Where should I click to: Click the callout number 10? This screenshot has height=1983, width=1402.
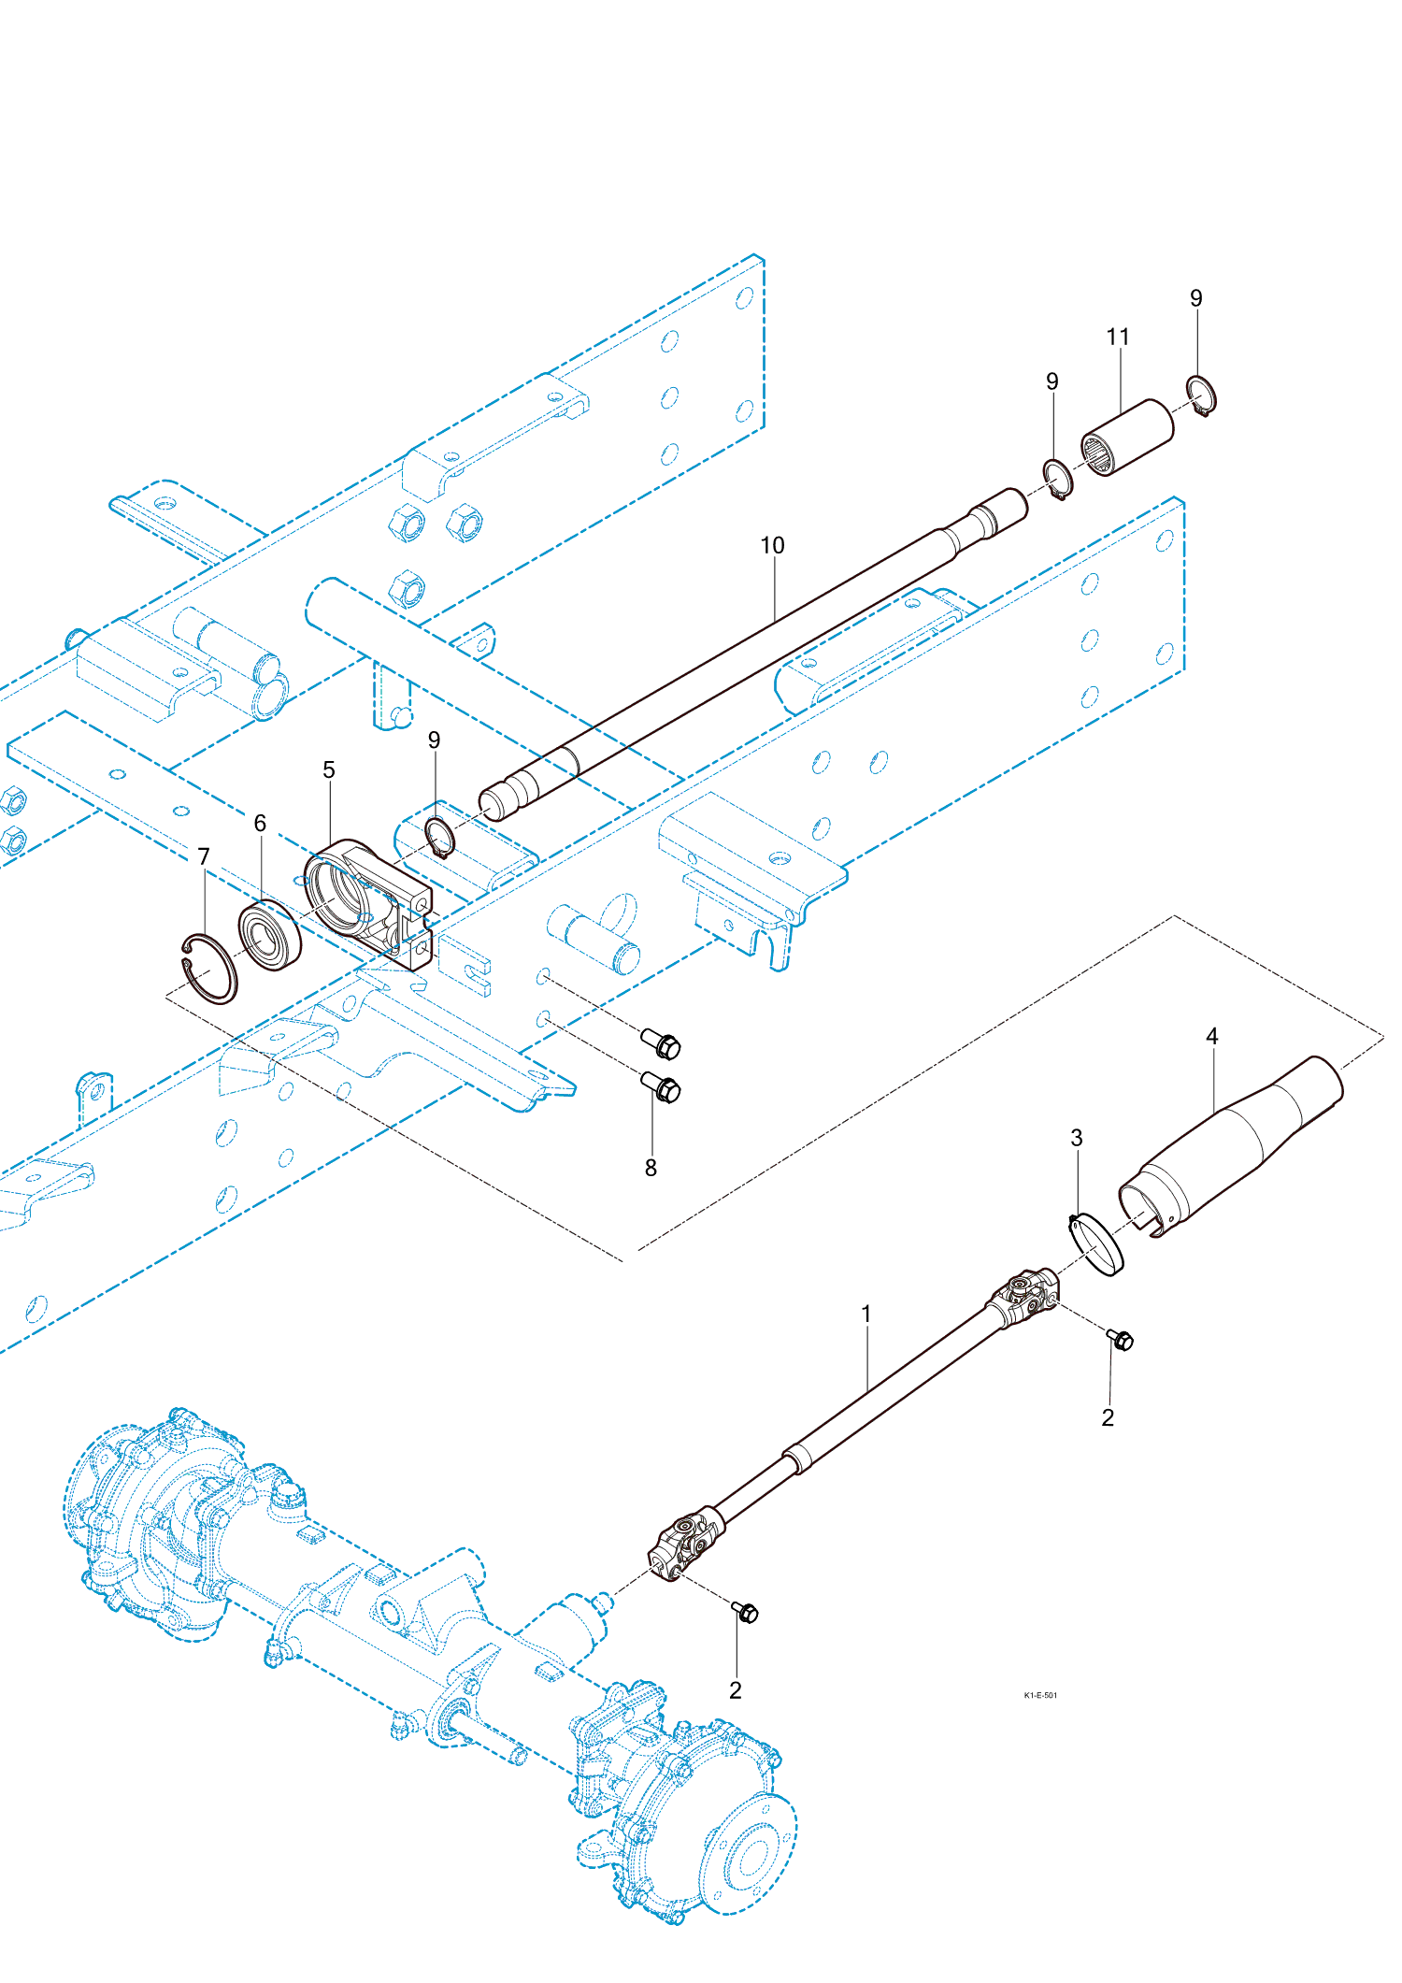coord(772,546)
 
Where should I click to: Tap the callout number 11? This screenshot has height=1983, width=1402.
coord(1118,338)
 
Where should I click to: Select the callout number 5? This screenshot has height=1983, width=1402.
coord(329,770)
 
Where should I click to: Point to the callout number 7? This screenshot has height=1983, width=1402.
coord(204,857)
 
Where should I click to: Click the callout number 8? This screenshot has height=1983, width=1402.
coord(651,1168)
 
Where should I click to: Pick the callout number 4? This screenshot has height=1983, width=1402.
coord(1212,1037)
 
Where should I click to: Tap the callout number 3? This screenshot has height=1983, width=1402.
coord(1077,1139)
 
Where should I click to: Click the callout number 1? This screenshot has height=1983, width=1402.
coord(866,1315)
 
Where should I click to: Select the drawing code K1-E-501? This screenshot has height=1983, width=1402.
coord(1040,1695)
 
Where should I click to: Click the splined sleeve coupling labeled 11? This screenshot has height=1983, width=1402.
coord(1127,438)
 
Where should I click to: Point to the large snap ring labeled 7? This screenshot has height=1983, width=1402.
coord(209,969)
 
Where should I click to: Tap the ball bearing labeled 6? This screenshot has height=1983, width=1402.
coord(269,935)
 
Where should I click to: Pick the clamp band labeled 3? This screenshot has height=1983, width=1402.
coord(1097,1243)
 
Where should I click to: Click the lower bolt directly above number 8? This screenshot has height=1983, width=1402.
coord(662,1088)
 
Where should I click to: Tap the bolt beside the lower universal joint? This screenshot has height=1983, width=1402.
coord(746,1612)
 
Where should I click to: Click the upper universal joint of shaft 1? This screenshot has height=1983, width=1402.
coord(1025,1295)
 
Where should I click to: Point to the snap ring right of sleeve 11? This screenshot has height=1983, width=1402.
coord(1201,395)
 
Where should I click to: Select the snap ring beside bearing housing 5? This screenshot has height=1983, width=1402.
coord(439,836)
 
